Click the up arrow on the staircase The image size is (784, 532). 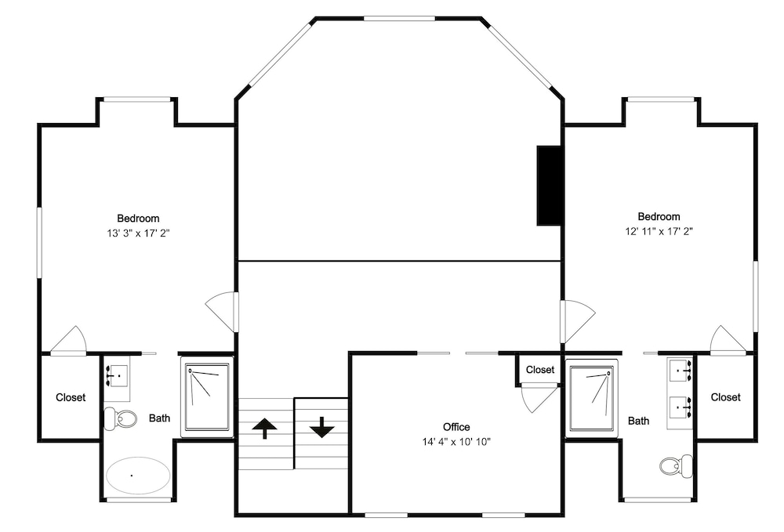[264, 428]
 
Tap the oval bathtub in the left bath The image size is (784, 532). [138, 475]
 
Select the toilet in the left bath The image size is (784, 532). [120, 418]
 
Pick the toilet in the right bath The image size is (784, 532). [676, 466]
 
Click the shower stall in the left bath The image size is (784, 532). [208, 397]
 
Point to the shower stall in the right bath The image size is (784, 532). [592, 399]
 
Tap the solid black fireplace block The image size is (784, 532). [549, 186]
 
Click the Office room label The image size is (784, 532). [456, 427]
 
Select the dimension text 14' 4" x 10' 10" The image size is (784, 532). [456, 442]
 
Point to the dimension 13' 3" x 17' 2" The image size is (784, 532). [139, 233]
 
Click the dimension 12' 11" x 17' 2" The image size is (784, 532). [659, 231]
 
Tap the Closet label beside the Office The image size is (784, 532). [540, 370]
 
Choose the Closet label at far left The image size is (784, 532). [71, 397]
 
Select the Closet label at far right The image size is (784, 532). [725, 396]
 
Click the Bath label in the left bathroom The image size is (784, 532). [159, 418]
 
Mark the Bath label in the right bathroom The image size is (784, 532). [638, 421]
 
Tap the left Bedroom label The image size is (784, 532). [139, 219]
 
